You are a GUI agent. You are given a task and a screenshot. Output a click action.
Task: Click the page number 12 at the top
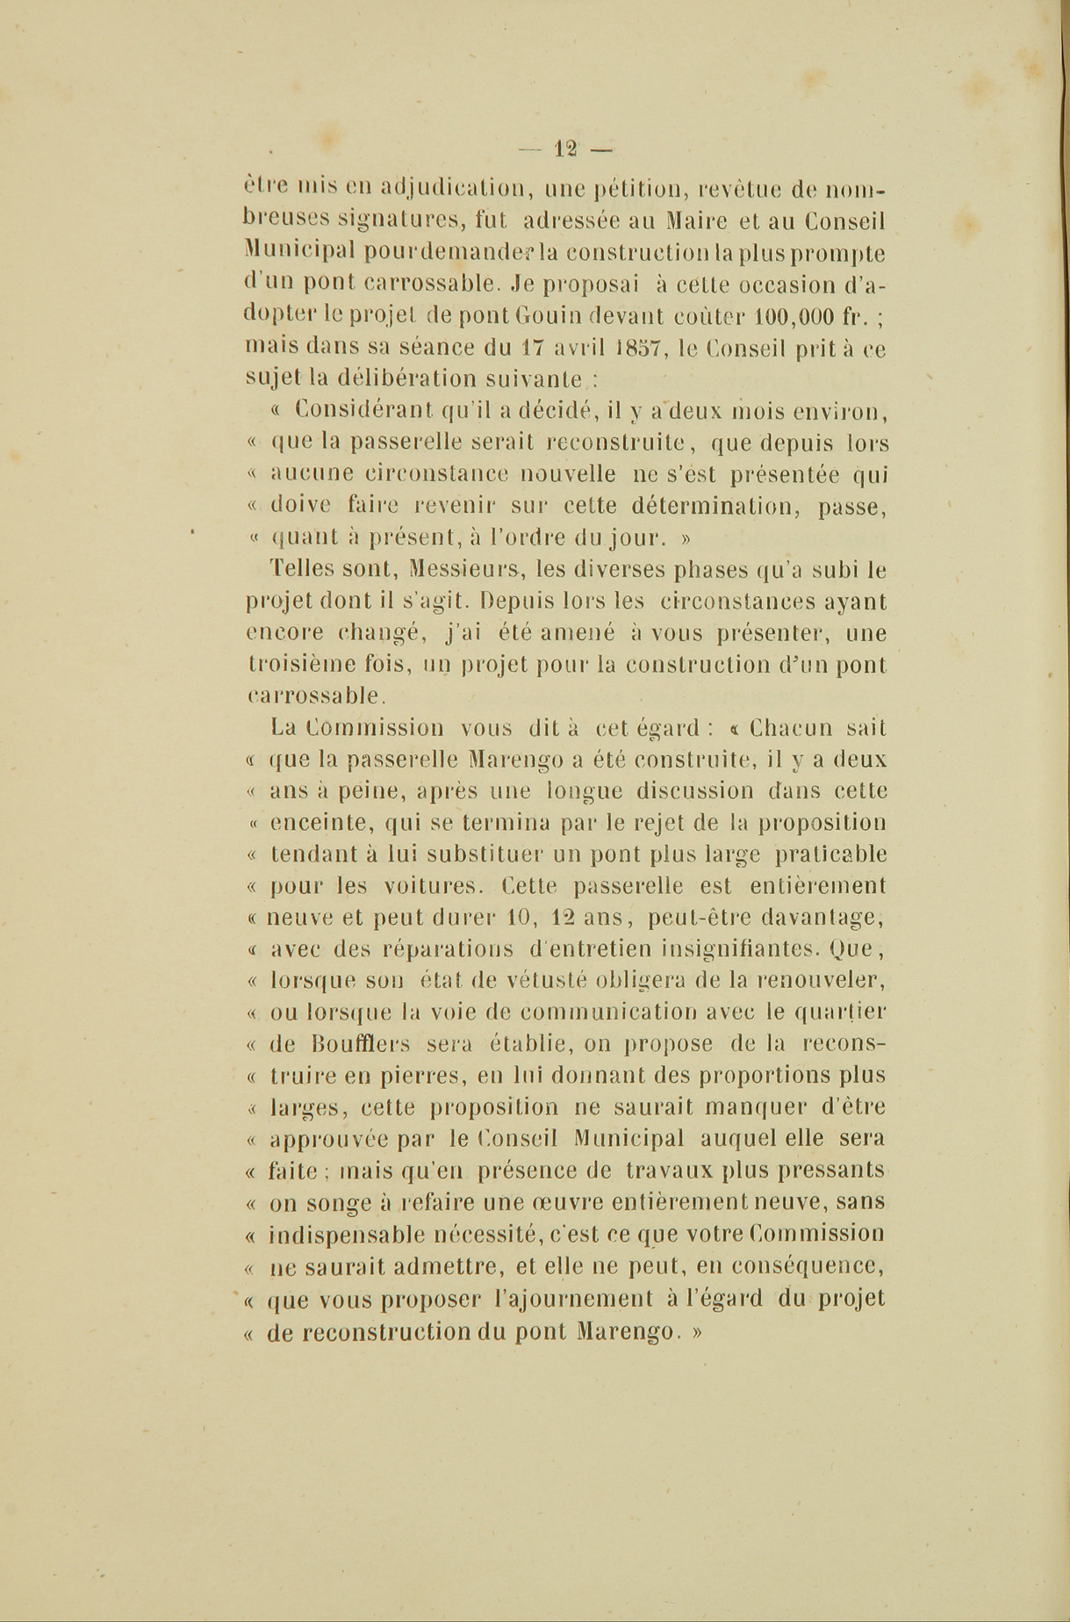[x=564, y=149]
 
